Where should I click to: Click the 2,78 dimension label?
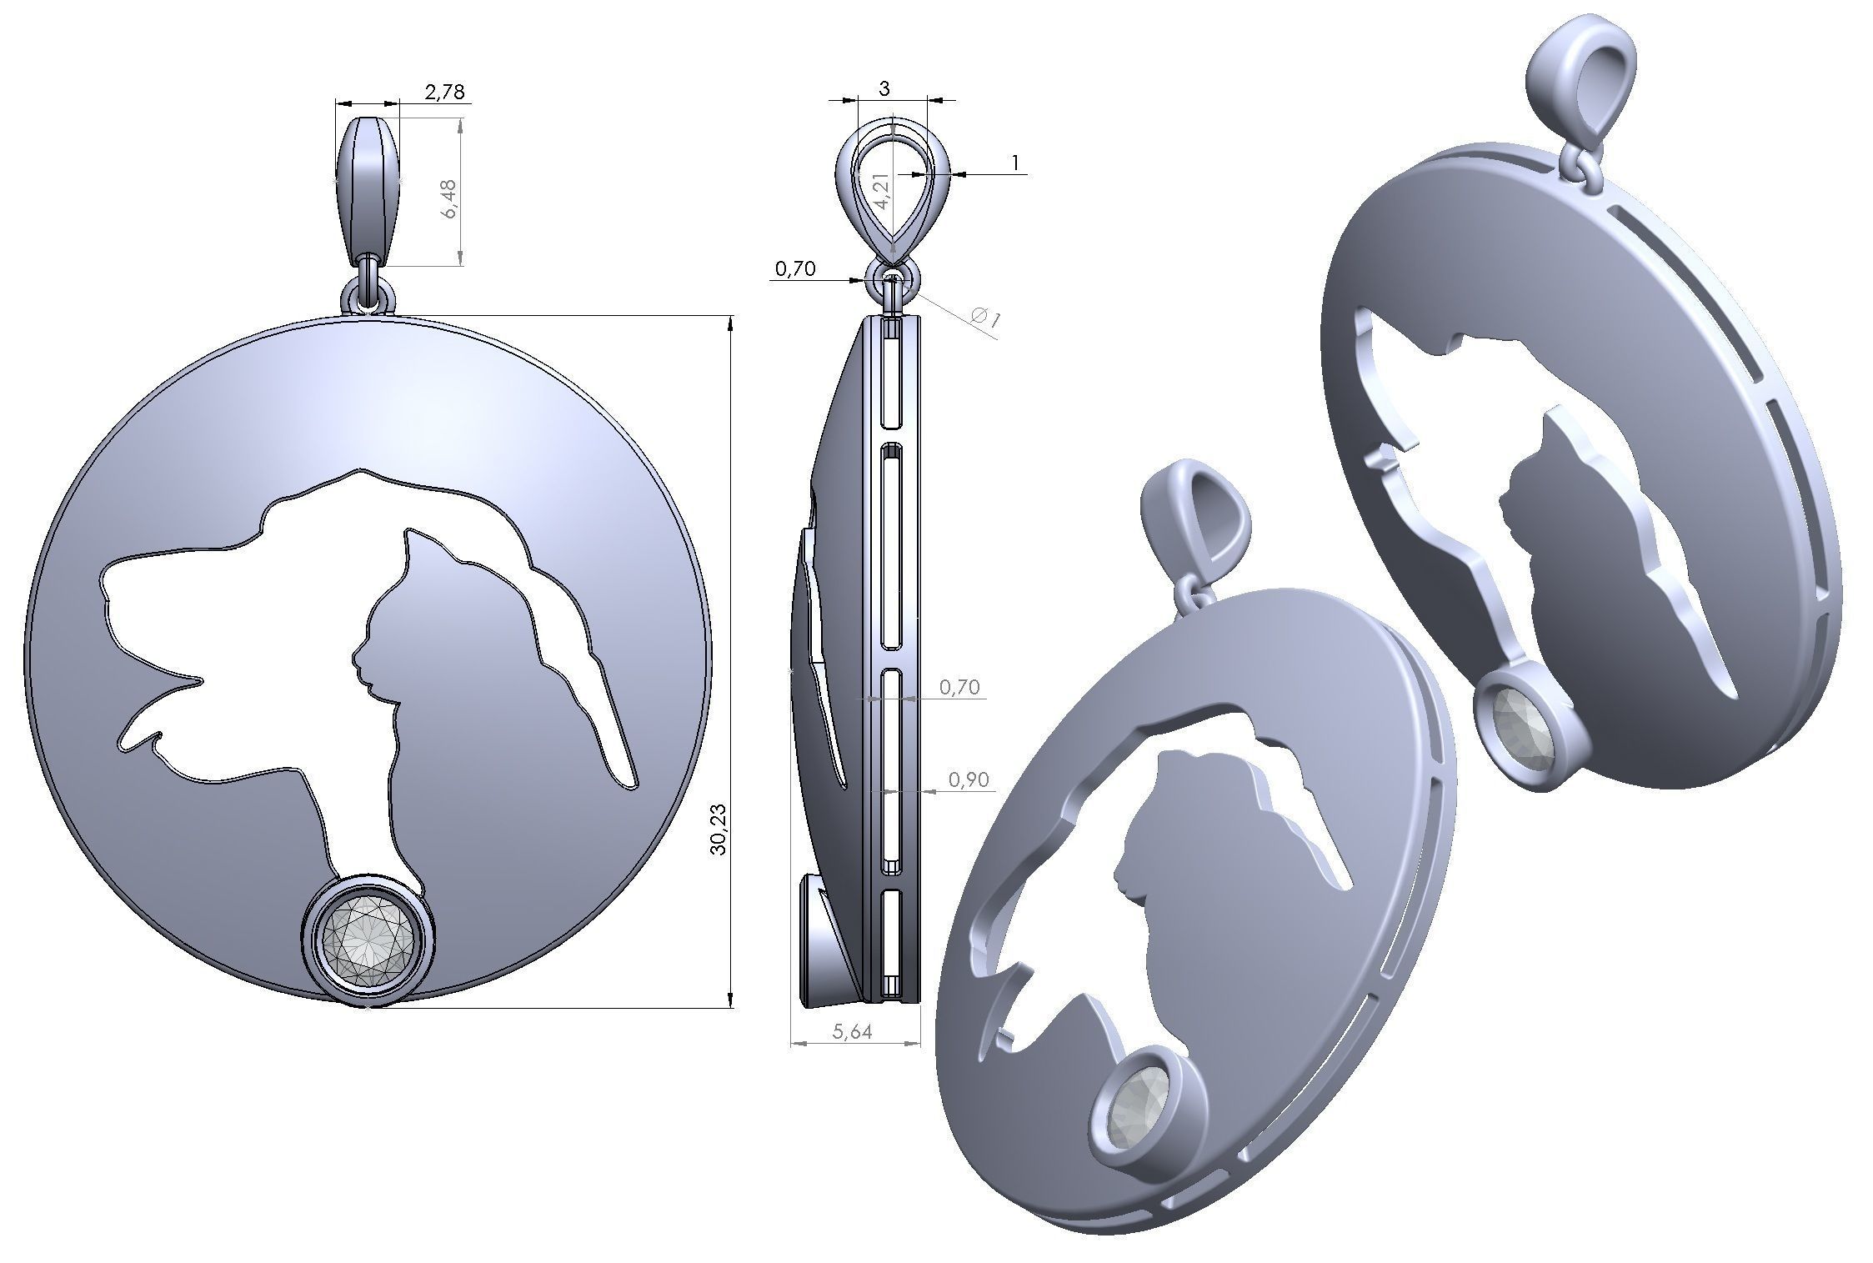click(x=444, y=92)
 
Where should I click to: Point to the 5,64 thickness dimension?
click(x=852, y=1031)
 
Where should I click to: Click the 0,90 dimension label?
click(x=969, y=779)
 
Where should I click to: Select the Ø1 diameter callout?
click(x=986, y=318)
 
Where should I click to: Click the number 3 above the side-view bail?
click(x=884, y=88)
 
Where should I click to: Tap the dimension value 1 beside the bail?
click(x=1015, y=163)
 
